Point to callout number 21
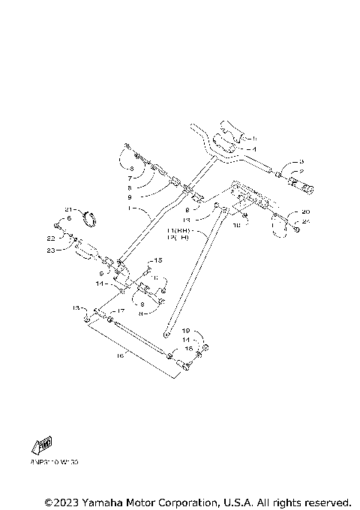pos(67,208)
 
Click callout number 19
pos(187,329)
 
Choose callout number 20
pos(306,211)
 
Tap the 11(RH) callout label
pos(181,231)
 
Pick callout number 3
pos(302,161)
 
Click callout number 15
pos(157,259)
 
